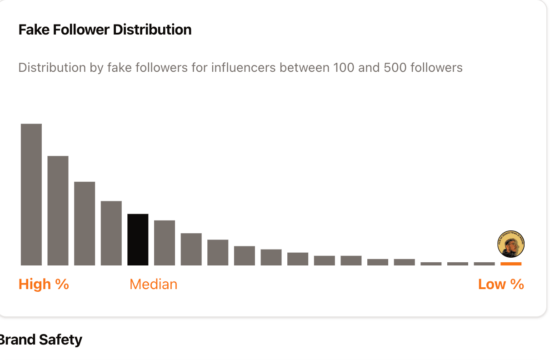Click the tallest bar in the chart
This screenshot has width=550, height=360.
31,194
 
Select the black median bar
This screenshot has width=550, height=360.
138,240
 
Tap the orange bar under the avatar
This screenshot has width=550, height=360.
511,264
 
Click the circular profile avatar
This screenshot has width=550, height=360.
511,244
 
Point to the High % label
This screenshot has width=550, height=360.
44,285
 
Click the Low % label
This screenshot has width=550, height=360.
501,285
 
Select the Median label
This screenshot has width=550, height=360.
153,285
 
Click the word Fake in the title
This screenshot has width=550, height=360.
35,30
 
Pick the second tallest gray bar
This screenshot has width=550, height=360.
58,210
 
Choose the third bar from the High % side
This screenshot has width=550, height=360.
85,223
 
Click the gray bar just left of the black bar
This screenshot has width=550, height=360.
111,233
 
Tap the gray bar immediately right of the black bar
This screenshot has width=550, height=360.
165,243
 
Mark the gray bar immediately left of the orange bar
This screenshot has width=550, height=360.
484,264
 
